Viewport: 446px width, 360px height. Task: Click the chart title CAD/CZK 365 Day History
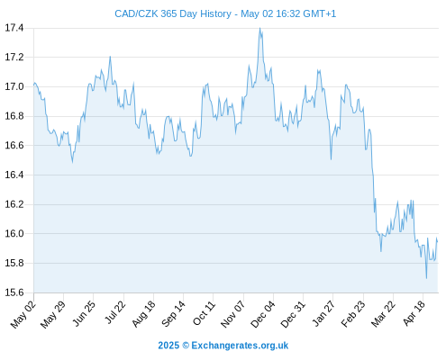pos(173,13)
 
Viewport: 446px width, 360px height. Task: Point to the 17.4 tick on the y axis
pos(14,28)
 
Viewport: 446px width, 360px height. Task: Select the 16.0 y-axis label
pos(14,233)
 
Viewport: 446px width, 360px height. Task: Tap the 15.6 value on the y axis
pos(14,292)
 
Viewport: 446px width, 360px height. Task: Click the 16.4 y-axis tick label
pos(14,175)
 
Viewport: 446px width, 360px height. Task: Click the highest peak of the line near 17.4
pos(259,28)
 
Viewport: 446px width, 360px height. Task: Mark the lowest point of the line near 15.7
pos(426,278)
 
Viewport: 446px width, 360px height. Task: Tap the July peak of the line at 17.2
pos(110,57)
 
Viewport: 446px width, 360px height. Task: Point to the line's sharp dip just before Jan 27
pos(331,159)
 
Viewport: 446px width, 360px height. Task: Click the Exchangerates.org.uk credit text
pos(240,346)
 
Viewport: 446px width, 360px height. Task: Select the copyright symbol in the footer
pos(186,346)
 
